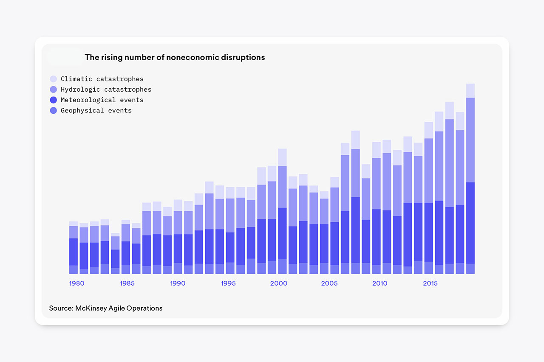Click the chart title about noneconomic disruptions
pos(175,57)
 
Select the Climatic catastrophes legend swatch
pos(53,79)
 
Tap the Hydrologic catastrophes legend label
pos(106,90)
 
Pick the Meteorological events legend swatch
pos(53,100)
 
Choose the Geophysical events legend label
pos(96,111)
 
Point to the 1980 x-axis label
pos(76,283)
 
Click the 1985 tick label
pos(127,283)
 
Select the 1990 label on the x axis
pos(178,283)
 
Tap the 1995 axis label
pos(228,283)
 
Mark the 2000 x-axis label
pos(278,283)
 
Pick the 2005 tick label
pos(329,283)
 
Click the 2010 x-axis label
pos(380,283)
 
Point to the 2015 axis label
pos(430,283)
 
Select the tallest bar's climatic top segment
pos(470,90)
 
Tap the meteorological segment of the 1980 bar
pos(74,252)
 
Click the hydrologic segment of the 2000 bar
pos(282,187)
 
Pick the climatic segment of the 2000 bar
pos(282,157)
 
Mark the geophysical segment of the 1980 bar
pos(74,269)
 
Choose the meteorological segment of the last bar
pos(470,223)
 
